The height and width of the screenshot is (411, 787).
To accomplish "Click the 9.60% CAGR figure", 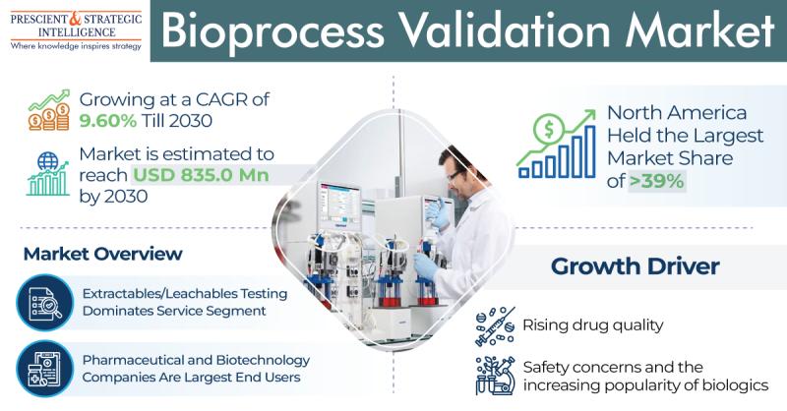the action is (x=107, y=121).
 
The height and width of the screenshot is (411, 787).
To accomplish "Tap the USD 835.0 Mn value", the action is (x=201, y=175).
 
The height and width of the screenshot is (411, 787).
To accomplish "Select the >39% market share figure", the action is (x=656, y=181).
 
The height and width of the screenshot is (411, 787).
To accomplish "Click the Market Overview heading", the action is (x=103, y=254).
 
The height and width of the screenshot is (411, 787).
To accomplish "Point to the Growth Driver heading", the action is (x=635, y=266).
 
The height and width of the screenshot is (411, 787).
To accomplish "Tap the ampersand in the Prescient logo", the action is (x=75, y=19).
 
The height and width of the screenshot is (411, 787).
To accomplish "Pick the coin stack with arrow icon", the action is (x=48, y=110).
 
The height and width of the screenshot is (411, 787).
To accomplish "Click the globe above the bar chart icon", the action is (x=47, y=161).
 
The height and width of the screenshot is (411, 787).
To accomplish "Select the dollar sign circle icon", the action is (x=549, y=130).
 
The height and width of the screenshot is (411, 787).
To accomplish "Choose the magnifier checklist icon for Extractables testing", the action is (x=44, y=303).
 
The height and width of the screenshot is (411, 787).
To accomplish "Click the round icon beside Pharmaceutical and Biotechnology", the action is (x=44, y=369).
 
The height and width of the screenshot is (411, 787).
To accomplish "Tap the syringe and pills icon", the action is (x=495, y=326).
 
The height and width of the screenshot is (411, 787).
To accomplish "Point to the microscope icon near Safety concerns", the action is (x=495, y=376).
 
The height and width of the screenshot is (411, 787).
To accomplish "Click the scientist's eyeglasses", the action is (x=454, y=175).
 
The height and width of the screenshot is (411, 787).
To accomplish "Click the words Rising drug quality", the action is (x=593, y=325).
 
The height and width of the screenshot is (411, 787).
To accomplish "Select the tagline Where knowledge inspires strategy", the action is (x=76, y=46).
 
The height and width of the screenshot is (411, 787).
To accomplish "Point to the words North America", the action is (x=677, y=113).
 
